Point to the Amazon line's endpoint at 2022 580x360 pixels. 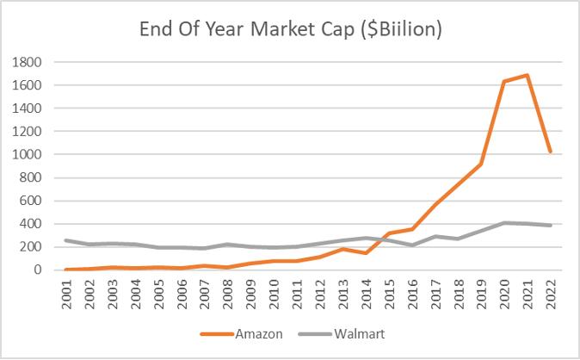550,152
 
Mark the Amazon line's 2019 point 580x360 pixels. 480,164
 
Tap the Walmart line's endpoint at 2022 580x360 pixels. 550,226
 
